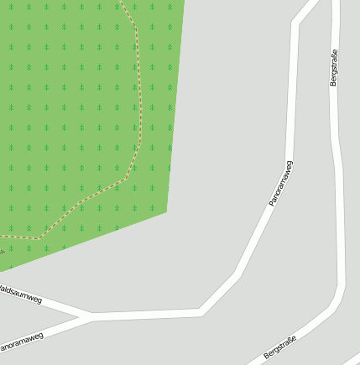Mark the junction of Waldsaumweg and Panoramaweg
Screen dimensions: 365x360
(89, 317)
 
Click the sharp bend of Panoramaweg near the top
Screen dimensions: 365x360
(295, 23)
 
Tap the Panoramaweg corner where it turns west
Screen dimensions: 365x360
(201, 312)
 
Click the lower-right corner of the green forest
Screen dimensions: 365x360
(166, 211)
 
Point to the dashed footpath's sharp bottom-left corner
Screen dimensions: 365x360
(39, 238)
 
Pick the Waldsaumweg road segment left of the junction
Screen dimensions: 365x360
(50, 305)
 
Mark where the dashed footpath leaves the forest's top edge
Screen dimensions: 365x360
(122, 3)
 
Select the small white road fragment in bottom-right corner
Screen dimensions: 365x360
(351, 360)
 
